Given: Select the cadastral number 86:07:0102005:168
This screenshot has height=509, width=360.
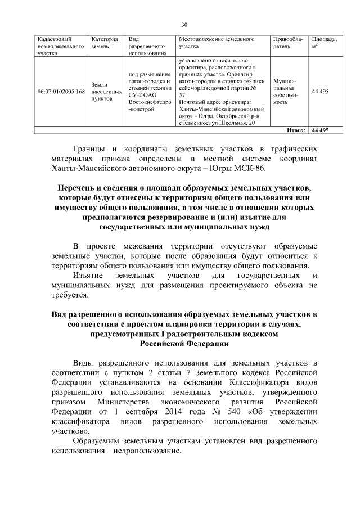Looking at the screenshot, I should click(x=61, y=91).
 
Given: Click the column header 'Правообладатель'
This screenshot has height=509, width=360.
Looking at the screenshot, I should click(x=287, y=43).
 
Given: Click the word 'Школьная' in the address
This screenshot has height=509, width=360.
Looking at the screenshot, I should click(x=224, y=123).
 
